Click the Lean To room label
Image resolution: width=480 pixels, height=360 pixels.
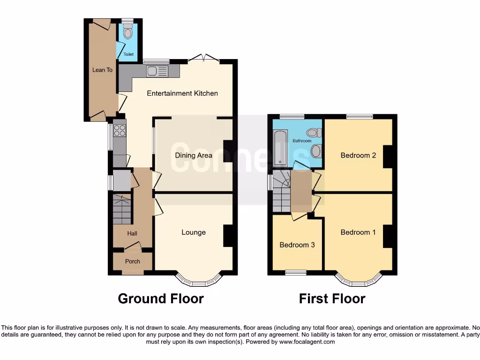[102, 70]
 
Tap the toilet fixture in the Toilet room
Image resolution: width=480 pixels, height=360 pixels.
[128, 33]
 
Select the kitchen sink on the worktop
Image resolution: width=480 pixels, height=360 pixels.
[152, 71]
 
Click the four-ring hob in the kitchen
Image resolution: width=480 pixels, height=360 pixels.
[120, 130]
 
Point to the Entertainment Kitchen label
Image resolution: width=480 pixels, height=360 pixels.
[182, 93]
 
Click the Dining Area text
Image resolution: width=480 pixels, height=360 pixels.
[194, 155]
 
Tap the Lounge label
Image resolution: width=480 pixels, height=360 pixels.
[194, 232]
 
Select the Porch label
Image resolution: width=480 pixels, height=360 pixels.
[132, 261]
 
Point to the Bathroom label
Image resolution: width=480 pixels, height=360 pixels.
[301, 141]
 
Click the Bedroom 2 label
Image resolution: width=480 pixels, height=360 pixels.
[358, 155]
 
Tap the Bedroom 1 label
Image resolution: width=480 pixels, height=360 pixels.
[358, 232]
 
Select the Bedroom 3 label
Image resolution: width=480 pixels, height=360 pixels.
[297, 245]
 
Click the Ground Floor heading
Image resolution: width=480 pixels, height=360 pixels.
[161, 299]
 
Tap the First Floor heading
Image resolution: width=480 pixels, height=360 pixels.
[332, 299]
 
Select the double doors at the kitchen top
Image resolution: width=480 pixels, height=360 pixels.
[204, 58]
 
